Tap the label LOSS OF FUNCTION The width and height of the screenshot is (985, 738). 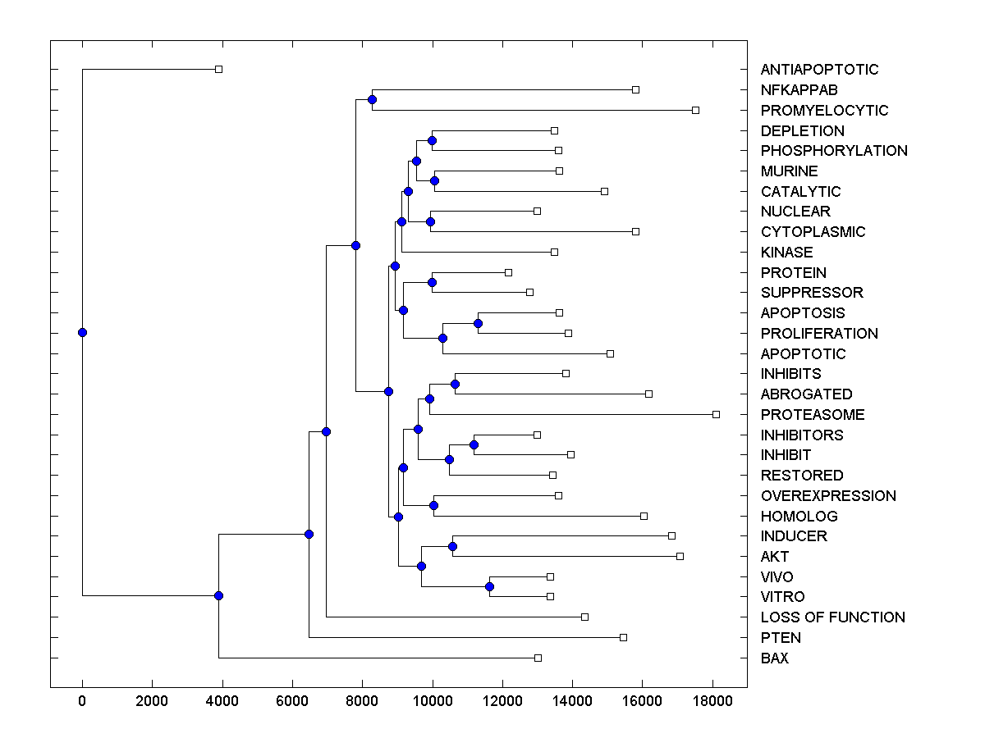click(x=832, y=617)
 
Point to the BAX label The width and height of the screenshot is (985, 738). click(x=774, y=658)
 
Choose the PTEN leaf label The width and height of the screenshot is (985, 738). click(x=781, y=638)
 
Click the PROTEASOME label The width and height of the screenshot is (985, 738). click(x=812, y=415)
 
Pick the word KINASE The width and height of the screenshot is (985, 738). click(x=786, y=253)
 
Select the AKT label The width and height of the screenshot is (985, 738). click(x=774, y=557)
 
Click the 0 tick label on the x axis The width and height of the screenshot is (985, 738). click(x=82, y=699)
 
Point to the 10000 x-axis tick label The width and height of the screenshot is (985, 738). click(x=433, y=699)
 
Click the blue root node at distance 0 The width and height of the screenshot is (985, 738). click(x=82, y=332)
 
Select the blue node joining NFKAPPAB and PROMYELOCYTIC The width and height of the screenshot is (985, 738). click(x=372, y=99)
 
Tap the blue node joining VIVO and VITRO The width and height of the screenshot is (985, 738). click(x=489, y=586)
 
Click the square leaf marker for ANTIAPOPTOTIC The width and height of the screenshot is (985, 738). click(x=218, y=69)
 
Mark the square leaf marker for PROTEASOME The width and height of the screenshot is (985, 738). click(x=716, y=414)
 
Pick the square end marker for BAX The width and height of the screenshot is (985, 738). click(x=538, y=658)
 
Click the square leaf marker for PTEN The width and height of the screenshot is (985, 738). click(x=623, y=637)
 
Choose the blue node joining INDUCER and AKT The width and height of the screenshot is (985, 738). click(x=452, y=546)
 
